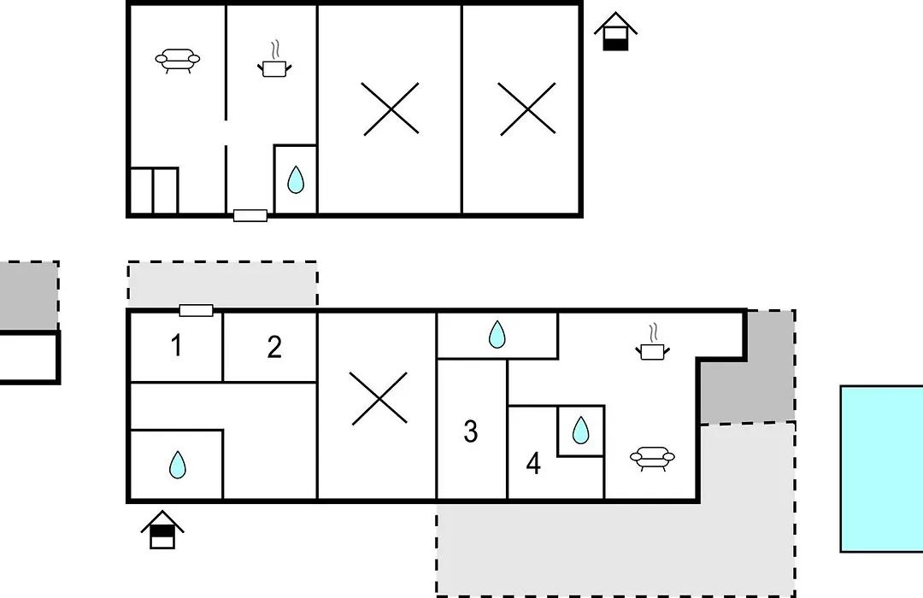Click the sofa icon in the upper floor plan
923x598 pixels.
[177, 61]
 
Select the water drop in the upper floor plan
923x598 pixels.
[296, 179]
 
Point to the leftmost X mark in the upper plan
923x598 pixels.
[391, 108]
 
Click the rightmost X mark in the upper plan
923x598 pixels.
[527, 108]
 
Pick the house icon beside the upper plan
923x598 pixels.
[615, 32]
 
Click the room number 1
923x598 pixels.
[176, 345]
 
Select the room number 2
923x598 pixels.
[274, 347]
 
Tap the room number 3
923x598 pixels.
[470, 431]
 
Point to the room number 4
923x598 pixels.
[533, 464]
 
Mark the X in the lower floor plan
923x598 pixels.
[379, 398]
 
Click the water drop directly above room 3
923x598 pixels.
[497, 334]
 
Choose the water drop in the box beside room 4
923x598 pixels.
[580, 431]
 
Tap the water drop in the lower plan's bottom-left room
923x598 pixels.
[177, 465]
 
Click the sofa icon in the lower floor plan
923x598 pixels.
[652, 458]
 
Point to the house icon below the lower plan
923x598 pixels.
[162, 531]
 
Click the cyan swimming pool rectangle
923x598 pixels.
[882, 469]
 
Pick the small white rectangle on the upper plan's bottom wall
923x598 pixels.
[250, 215]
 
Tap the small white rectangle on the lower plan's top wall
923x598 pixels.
[196, 310]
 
